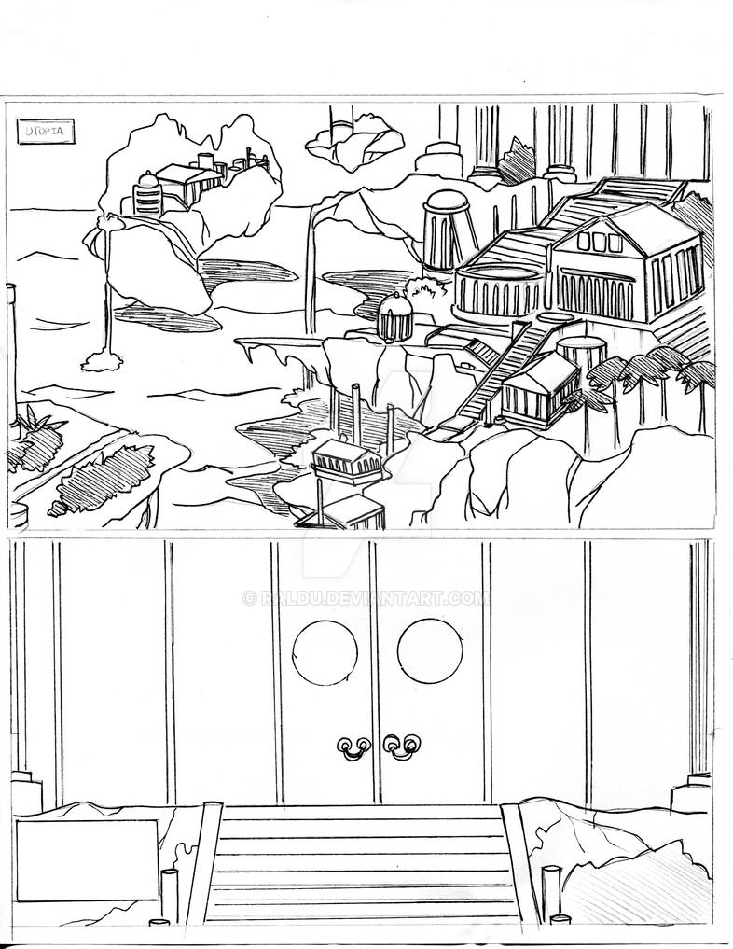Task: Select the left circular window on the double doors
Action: click(x=325, y=650)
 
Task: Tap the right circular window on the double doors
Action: click(x=430, y=650)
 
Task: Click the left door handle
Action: click(x=353, y=746)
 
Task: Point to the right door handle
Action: click(x=403, y=746)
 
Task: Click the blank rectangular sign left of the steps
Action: click(x=87, y=859)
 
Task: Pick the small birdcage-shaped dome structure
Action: click(x=394, y=316)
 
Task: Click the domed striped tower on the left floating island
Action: click(x=147, y=194)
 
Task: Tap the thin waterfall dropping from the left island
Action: click(x=108, y=299)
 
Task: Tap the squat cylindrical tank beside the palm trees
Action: click(x=580, y=358)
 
